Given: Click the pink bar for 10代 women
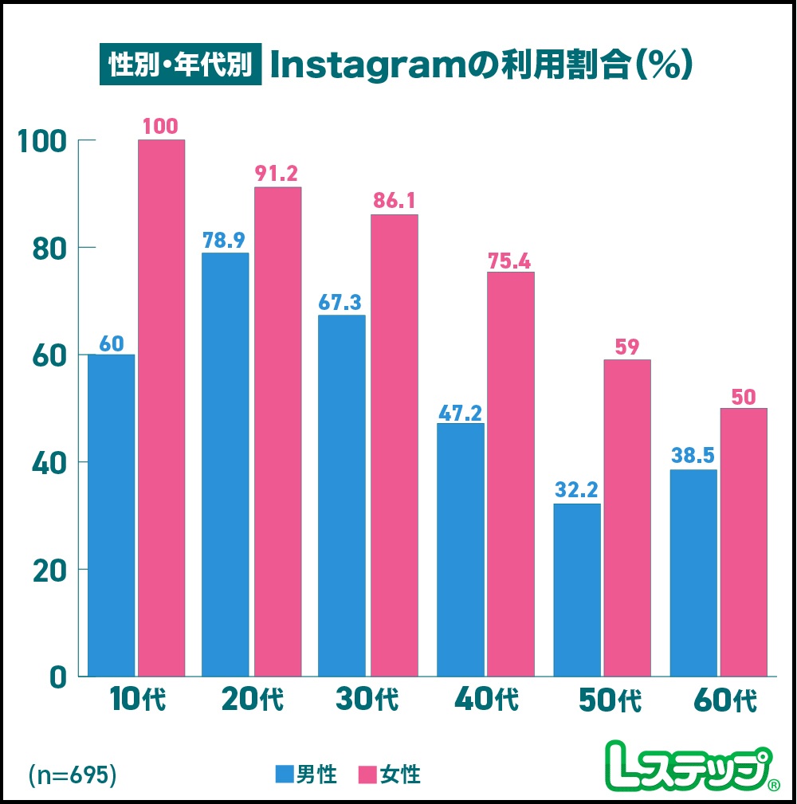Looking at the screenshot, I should [x=161, y=408].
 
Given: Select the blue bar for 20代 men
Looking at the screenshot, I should [x=226, y=465].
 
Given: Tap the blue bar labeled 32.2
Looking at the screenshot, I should [x=577, y=590].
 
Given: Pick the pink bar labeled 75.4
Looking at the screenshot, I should [x=510, y=474].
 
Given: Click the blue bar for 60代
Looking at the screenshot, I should [x=693, y=572].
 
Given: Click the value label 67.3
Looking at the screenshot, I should [x=341, y=302].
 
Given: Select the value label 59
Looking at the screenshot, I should [x=626, y=347].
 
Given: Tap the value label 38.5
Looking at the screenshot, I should [x=693, y=456].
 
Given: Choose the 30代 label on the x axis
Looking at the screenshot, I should [x=366, y=700].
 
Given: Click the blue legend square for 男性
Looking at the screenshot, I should [x=285, y=775].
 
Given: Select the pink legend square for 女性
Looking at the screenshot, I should [x=368, y=775].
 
